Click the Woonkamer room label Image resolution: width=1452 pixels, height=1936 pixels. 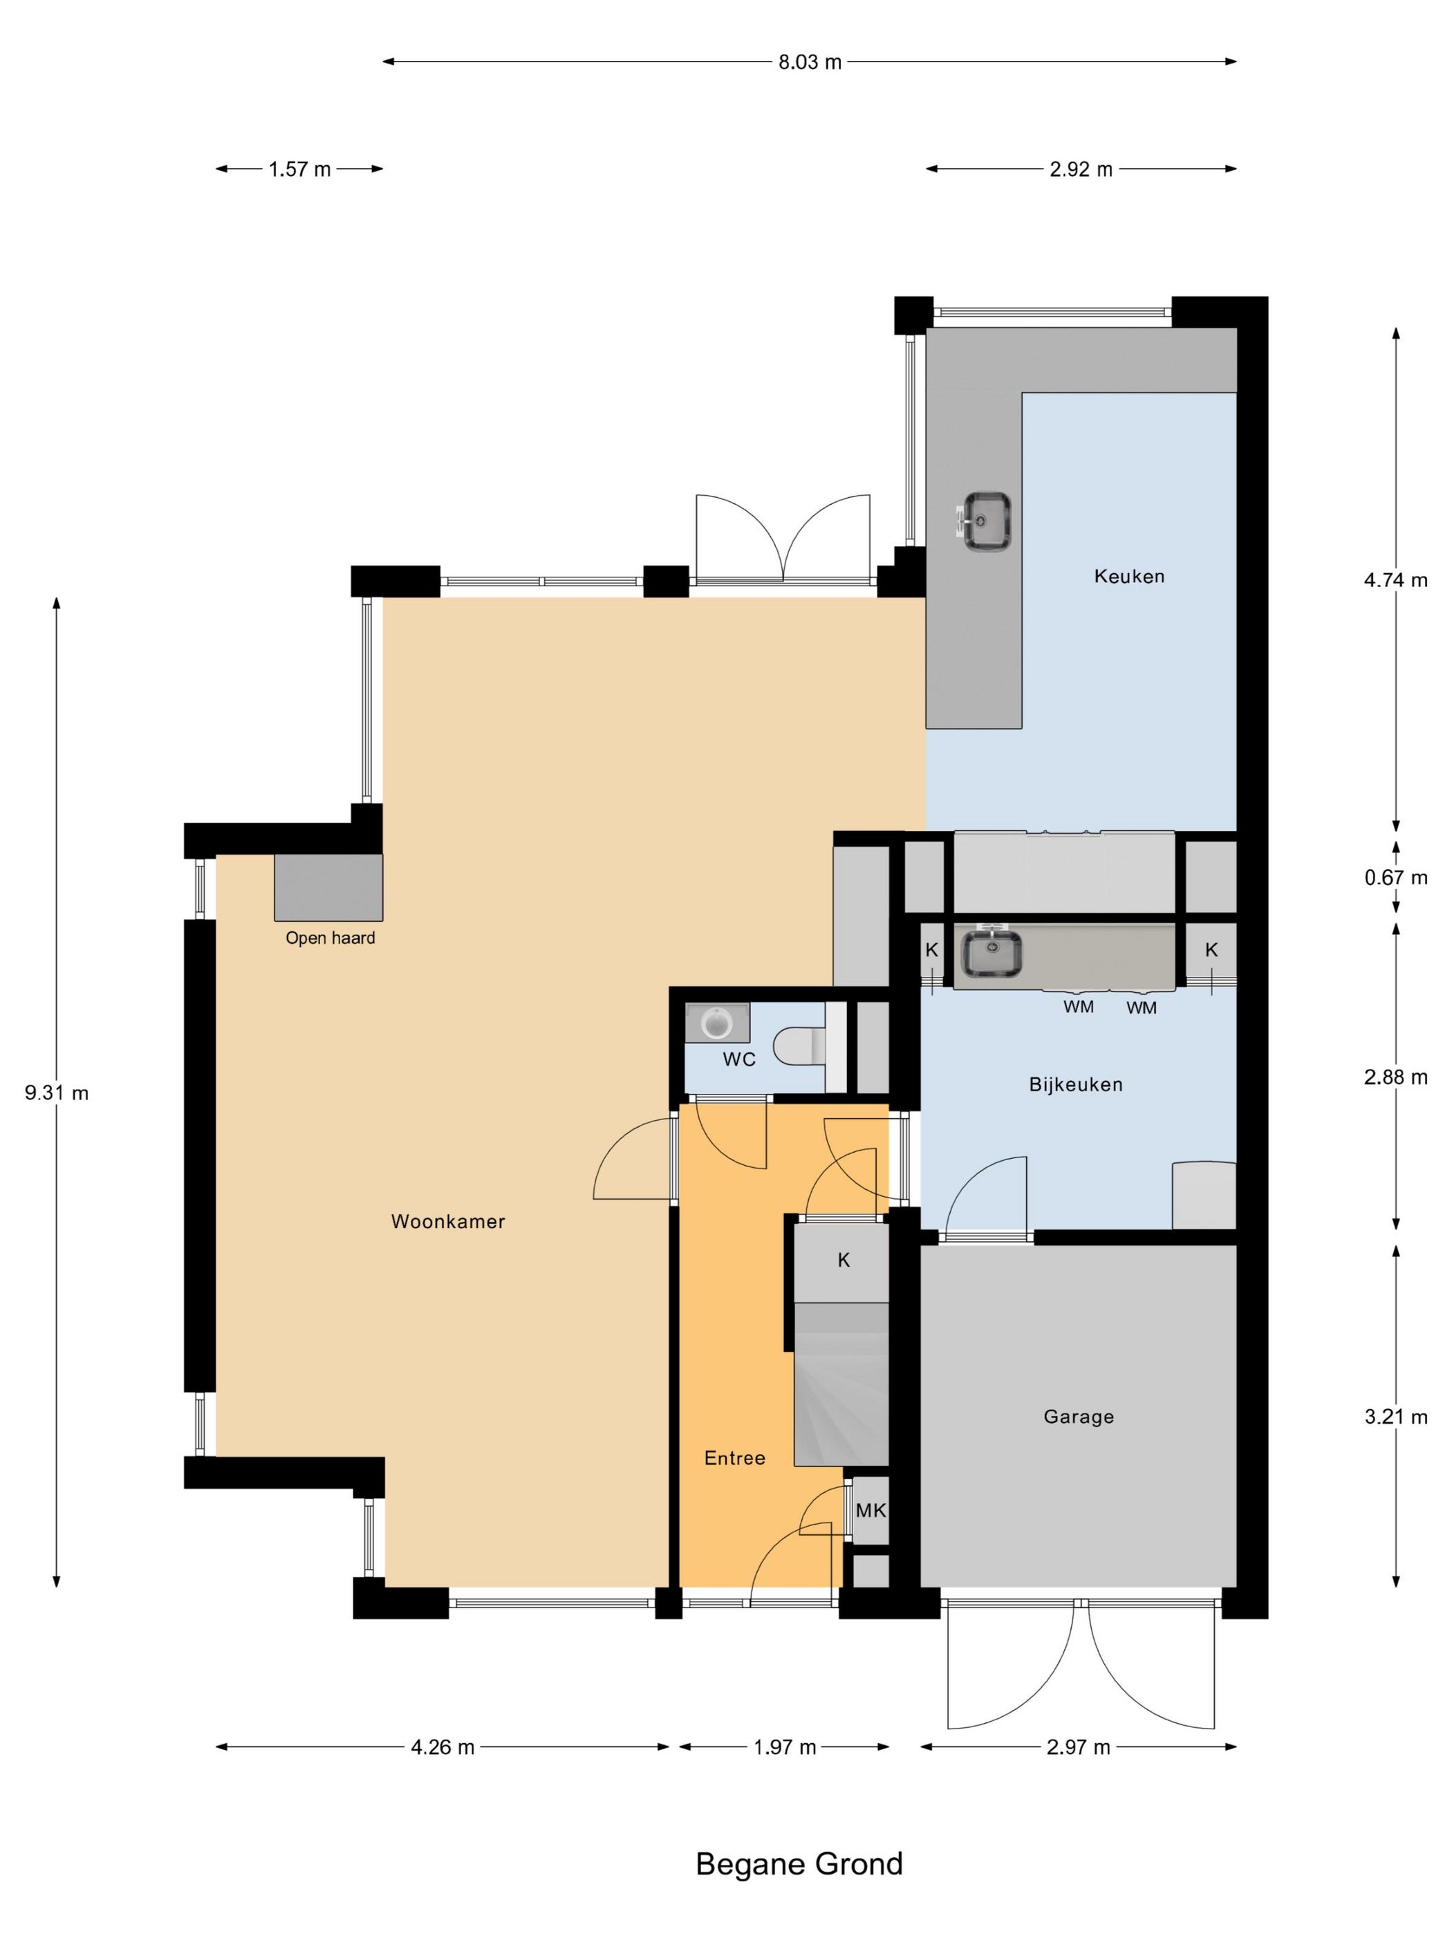(447, 1221)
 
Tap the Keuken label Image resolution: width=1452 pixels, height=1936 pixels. (1129, 576)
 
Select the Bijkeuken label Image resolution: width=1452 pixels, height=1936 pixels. (1076, 1084)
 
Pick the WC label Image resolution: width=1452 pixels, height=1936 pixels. (738, 1060)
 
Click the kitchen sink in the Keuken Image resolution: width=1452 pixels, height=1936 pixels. (987, 521)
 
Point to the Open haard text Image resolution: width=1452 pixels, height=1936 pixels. (330, 938)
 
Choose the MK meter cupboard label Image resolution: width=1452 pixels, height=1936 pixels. (871, 1511)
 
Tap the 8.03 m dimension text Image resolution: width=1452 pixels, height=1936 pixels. (810, 62)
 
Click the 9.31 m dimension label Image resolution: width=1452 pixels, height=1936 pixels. (57, 1092)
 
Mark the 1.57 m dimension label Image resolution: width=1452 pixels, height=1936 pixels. (299, 169)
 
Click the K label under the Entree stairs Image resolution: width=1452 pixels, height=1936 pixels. (844, 1260)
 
